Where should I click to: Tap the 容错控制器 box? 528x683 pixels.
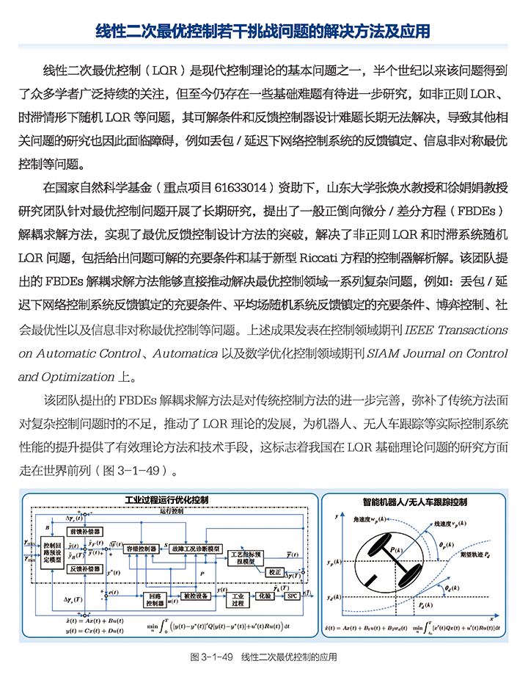[141, 548]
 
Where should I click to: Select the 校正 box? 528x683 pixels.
[275, 571]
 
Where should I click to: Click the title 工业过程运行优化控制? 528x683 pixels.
[167, 499]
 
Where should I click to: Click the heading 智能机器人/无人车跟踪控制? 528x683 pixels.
[415, 502]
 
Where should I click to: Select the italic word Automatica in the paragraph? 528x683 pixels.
[185, 354]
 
